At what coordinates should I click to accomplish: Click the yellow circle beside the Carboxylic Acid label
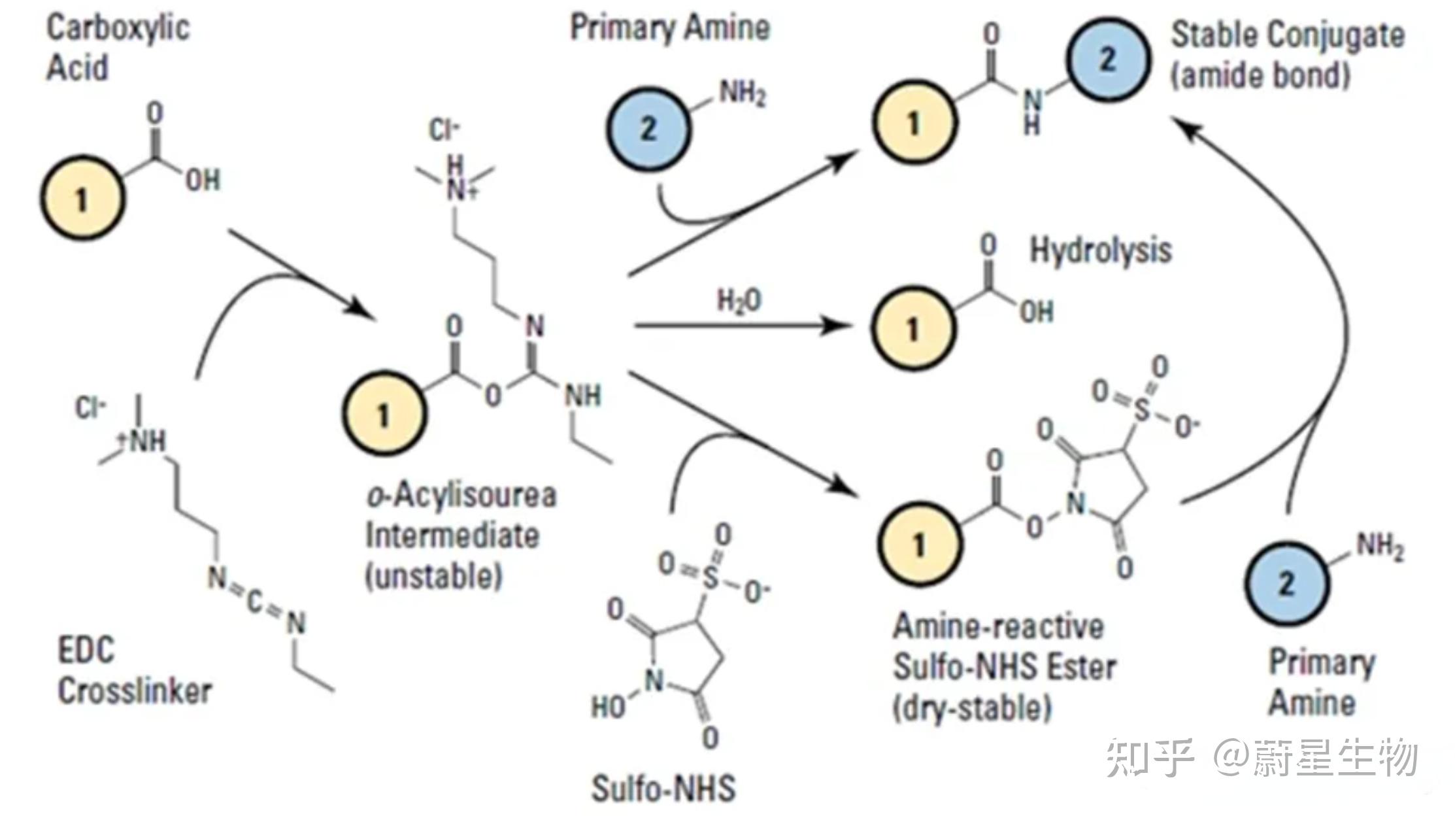point(82,197)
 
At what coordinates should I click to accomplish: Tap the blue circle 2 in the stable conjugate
point(1107,59)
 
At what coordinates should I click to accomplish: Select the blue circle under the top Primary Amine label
point(647,128)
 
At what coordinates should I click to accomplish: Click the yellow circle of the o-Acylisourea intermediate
point(384,414)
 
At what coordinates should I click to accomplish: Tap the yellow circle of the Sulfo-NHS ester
point(919,543)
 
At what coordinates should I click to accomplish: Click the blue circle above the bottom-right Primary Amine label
point(1286,583)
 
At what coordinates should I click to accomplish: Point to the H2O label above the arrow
point(739,301)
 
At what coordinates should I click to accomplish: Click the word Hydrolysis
point(1101,250)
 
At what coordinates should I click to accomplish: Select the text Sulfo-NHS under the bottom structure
point(663,788)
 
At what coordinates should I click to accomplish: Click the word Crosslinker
point(135,691)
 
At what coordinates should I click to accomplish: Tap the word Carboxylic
point(118,29)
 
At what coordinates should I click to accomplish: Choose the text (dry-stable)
point(972,707)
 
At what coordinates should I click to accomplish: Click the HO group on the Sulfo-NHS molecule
point(609,706)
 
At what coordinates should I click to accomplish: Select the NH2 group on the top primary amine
point(743,93)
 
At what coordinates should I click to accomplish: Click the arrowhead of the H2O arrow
point(837,325)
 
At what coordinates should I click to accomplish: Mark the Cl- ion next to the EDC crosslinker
point(90,408)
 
